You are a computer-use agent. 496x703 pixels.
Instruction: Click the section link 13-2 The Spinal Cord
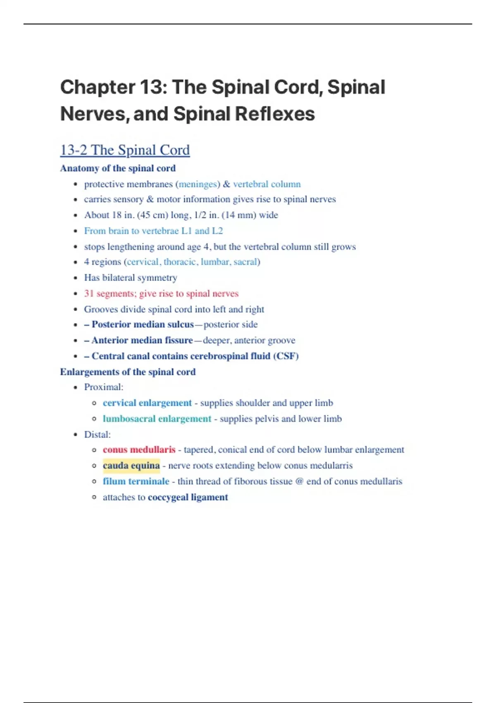(125, 150)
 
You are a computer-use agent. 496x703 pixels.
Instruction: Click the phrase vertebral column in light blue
(267, 184)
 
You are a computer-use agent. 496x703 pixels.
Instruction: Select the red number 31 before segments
(89, 294)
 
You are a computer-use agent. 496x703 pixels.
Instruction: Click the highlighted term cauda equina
(131, 466)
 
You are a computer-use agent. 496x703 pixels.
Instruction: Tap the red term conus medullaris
(139, 450)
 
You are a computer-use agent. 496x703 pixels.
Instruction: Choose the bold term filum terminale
(136, 481)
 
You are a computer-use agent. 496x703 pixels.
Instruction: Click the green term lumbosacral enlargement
(157, 419)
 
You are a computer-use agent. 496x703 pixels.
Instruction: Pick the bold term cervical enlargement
(147, 403)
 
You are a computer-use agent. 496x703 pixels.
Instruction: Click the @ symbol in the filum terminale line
(300, 481)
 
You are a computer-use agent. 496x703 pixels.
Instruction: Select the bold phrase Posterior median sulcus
(143, 325)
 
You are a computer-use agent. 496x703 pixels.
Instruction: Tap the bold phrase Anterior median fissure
(142, 340)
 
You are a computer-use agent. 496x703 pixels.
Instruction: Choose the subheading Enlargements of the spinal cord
(128, 372)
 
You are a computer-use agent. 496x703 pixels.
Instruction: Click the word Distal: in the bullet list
(97, 435)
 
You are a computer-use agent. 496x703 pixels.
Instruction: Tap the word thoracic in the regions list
(180, 262)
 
